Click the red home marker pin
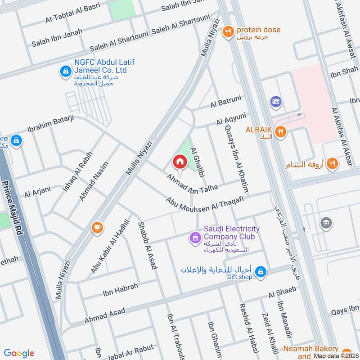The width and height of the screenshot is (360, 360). click(180, 162)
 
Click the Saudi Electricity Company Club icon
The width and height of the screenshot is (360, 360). click(195, 236)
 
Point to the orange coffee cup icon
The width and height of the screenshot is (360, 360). click(97, 227)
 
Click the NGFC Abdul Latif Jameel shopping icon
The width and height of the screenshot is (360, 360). click(66, 71)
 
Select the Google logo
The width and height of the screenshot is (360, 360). click(19, 353)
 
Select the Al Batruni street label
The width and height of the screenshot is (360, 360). click(225, 103)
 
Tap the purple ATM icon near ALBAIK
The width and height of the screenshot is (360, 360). click(276, 102)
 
